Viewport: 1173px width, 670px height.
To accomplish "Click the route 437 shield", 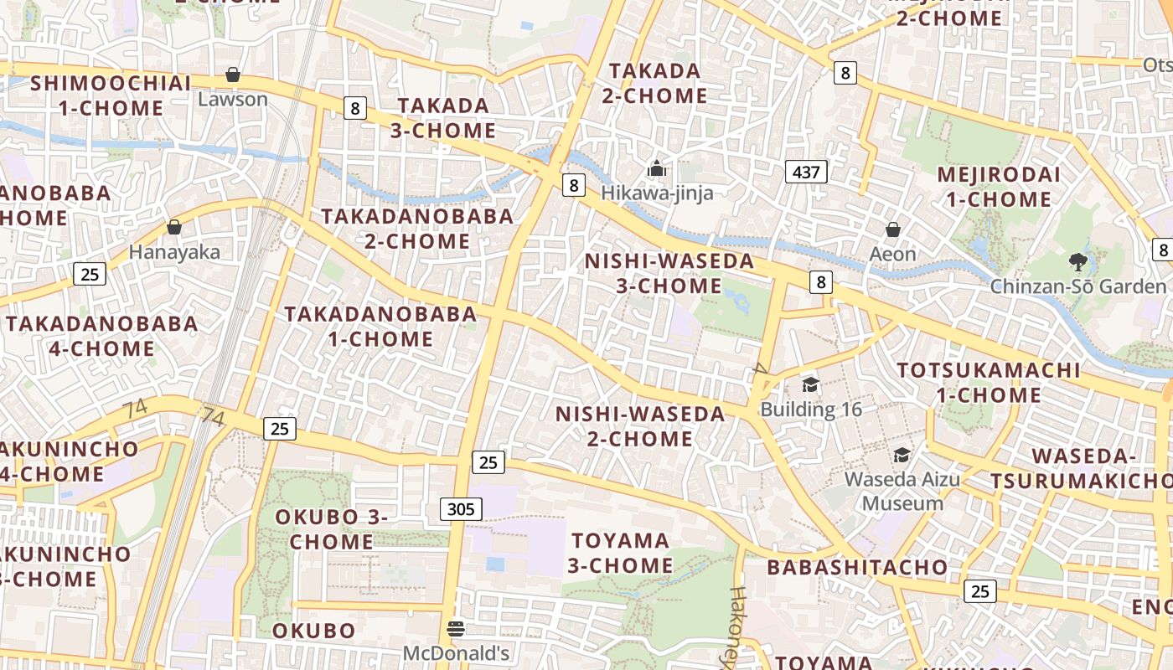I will tap(806, 173).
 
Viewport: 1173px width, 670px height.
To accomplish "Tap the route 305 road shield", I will tap(461, 508).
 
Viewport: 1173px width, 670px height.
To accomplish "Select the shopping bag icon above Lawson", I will tap(233, 75).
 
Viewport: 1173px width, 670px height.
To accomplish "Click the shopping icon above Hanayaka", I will tap(174, 227).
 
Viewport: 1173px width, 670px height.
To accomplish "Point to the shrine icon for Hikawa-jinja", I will tap(657, 169).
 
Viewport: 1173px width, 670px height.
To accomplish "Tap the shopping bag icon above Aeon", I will tap(893, 229).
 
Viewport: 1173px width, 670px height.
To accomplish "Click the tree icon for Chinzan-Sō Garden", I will tap(1078, 262).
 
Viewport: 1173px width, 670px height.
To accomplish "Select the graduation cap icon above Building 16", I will tap(810, 384).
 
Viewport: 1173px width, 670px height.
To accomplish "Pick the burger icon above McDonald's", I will tap(456, 628).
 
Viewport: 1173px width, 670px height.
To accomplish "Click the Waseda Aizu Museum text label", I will tap(902, 492).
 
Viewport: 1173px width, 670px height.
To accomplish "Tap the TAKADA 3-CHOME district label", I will tap(443, 118).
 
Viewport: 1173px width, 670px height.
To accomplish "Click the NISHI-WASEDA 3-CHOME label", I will tap(669, 273).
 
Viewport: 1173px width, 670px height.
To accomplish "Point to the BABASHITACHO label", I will tap(857, 567).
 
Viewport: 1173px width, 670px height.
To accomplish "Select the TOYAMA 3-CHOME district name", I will tap(620, 553).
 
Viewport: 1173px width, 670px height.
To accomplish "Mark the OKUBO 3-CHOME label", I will tap(332, 529).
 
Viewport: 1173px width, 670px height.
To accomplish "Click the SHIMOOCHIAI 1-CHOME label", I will tap(111, 95).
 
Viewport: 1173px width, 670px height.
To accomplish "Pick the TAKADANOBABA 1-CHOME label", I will tap(380, 327).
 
